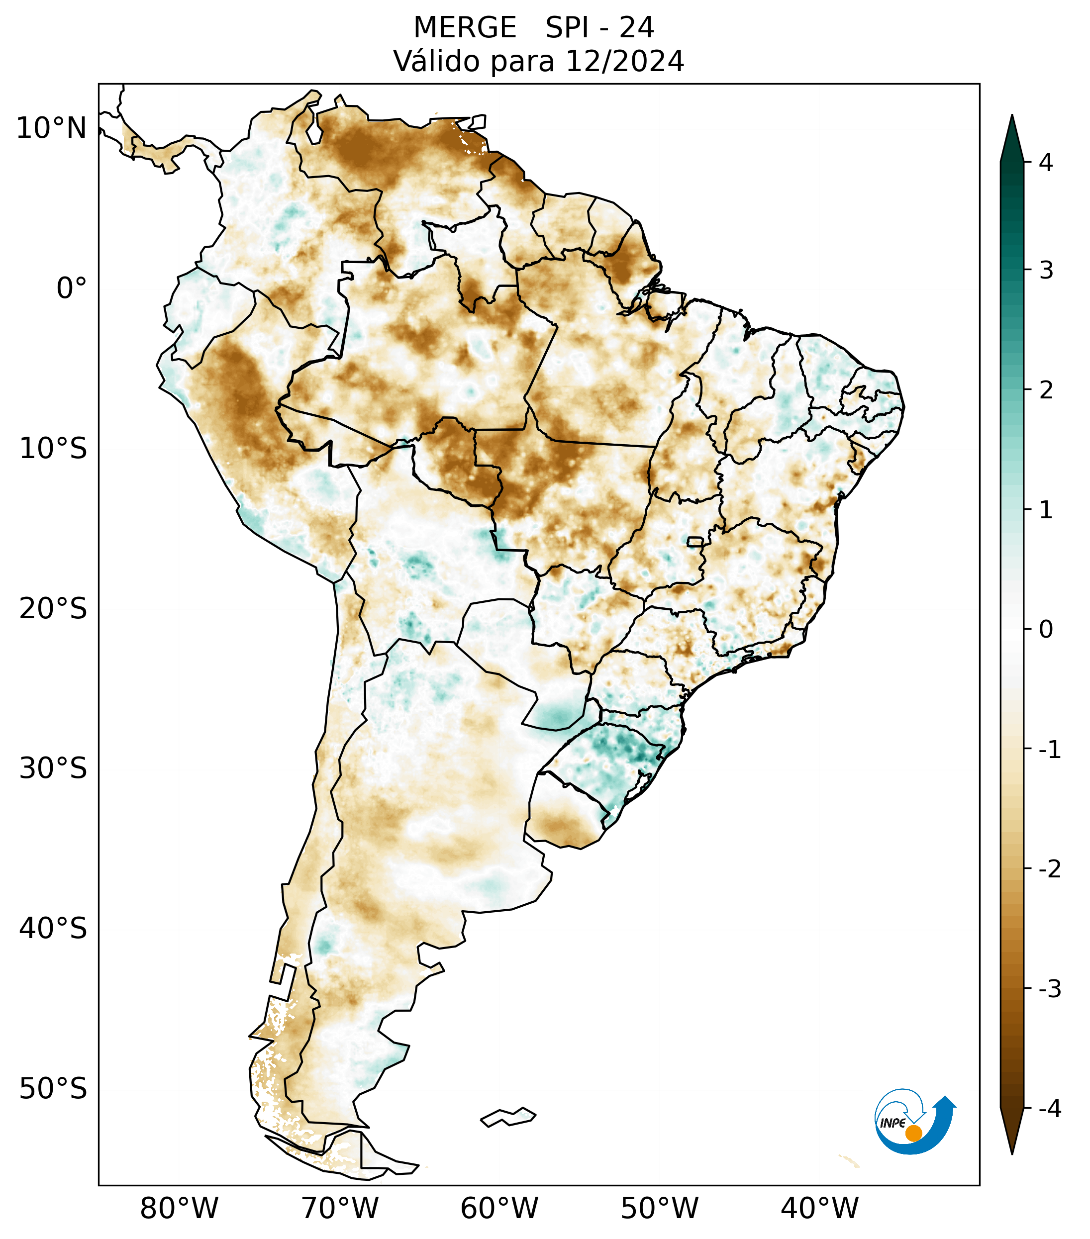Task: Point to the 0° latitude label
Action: click(72, 288)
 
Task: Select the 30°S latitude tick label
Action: click(53, 768)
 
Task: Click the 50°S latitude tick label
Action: click(53, 1089)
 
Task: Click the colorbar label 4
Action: click(1046, 163)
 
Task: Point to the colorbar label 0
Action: click(1046, 630)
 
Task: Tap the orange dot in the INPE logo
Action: click(913, 1133)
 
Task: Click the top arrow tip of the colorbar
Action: click(1012, 116)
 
